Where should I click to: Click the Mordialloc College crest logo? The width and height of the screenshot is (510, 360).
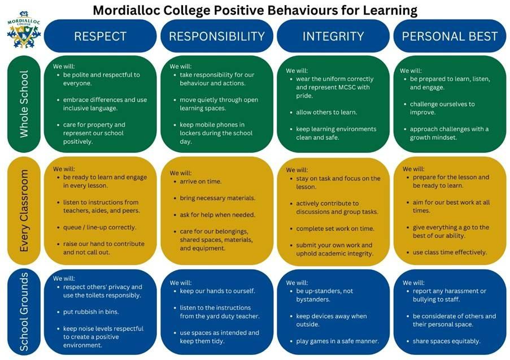[24, 29]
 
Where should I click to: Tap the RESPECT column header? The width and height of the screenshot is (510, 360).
[100, 36]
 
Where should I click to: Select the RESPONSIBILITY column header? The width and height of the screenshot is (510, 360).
[217, 36]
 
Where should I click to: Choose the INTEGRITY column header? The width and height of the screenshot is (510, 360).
[333, 36]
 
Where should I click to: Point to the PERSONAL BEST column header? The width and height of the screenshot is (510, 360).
[450, 36]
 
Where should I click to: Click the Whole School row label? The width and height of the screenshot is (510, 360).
[24, 104]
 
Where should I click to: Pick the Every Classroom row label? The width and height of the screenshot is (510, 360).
[24, 210]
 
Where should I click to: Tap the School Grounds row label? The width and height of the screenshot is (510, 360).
[24, 312]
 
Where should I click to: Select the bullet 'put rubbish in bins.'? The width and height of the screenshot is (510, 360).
[91, 312]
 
